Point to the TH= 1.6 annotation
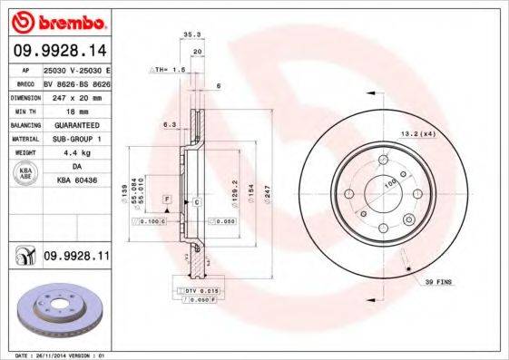click(x=168, y=69)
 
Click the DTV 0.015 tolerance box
click(x=194, y=289)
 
